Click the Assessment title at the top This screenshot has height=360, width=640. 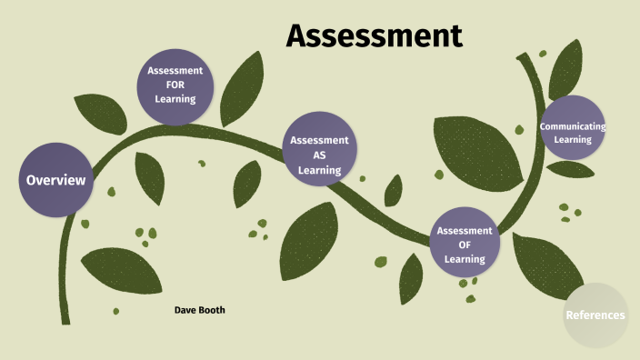pyautogui.click(x=375, y=35)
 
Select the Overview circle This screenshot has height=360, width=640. pyautogui.click(x=56, y=180)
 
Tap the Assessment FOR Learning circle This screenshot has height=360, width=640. pyautogui.click(x=175, y=85)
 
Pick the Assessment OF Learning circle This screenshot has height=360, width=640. pyautogui.click(x=465, y=244)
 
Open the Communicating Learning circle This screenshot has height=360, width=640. pyautogui.click(x=573, y=133)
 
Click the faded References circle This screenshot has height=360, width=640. pyautogui.click(x=595, y=315)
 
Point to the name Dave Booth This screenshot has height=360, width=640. pyautogui.click(x=199, y=310)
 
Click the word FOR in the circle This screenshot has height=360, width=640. pyautogui.click(x=175, y=85)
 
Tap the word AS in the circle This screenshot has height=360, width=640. pyautogui.click(x=319, y=155)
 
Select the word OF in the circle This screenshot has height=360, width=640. pyautogui.click(x=465, y=245)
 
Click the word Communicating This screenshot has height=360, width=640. pyautogui.click(x=573, y=126)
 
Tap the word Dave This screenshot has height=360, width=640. pyautogui.click(x=185, y=310)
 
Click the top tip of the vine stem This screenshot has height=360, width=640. pyautogui.click(x=520, y=56)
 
